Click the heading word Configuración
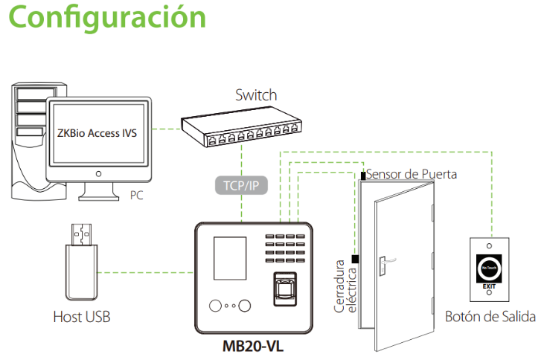coord(107,17)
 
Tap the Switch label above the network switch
coord(256,95)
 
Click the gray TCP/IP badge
coord(241,185)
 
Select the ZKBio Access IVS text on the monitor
coord(97,133)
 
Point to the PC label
coord(136,196)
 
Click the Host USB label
coord(82,317)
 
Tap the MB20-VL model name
coord(253,346)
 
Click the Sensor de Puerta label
coord(412,174)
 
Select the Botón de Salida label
coord(490,317)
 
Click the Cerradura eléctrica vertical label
coord(345,286)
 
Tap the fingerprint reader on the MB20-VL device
coord(286,289)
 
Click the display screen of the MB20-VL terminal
coord(230,258)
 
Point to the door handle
coord(386,263)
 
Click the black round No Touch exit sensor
coord(489,268)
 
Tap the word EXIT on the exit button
coord(489,286)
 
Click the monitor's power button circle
coord(98,174)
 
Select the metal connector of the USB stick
coord(82,235)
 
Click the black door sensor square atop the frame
coord(363,176)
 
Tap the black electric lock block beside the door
coord(355,259)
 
